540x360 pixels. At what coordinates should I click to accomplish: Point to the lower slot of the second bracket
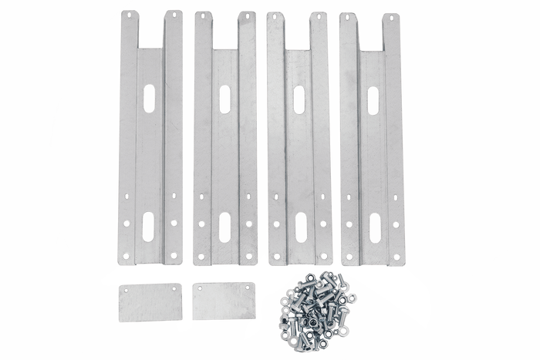(x=224, y=227)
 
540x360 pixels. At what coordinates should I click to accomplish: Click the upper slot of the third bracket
(x=299, y=98)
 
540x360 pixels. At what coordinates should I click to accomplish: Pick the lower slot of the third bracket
(x=299, y=225)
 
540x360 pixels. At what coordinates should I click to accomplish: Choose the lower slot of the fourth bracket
(x=373, y=226)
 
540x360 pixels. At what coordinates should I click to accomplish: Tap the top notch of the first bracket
(x=150, y=31)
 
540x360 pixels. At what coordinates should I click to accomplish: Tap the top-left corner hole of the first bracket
(x=129, y=15)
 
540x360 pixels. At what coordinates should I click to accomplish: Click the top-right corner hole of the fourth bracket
(x=394, y=19)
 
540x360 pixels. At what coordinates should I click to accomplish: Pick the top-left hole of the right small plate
(x=199, y=288)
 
